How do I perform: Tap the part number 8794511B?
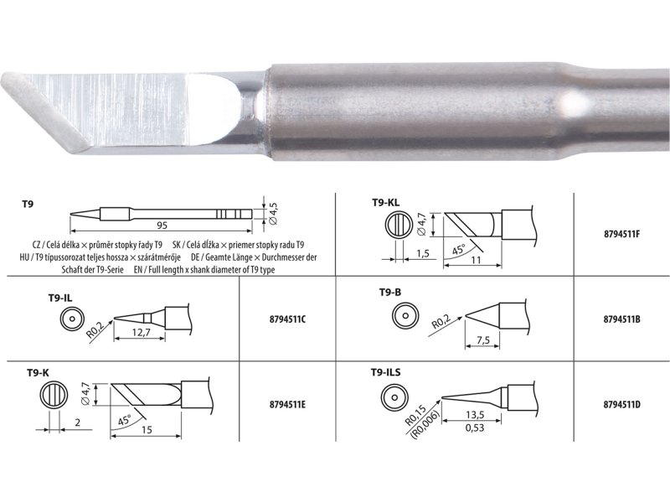(x=621, y=320)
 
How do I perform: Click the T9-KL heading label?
(x=386, y=202)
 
